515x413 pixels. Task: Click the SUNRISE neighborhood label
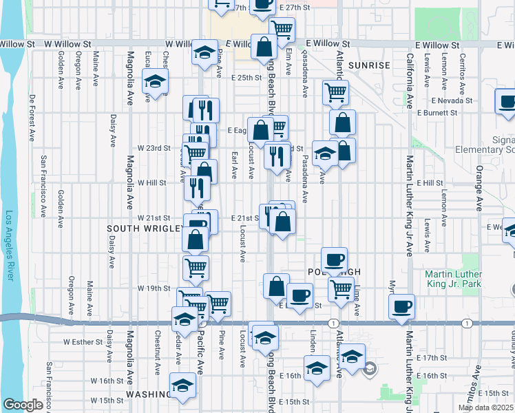click(369, 65)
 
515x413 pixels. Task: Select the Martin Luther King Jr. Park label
click(472, 280)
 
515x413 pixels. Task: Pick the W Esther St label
click(82, 341)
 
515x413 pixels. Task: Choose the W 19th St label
click(154, 288)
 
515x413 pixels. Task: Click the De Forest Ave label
click(32, 118)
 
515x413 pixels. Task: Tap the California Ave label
click(410, 81)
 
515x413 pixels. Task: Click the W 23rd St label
click(154, 148)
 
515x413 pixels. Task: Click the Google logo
click(23, 405)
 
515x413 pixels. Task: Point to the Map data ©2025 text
click(485, 407)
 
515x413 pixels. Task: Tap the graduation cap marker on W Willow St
click(204, 52)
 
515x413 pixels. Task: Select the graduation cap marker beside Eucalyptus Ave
click(156, 81)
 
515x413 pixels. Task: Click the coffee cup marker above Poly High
click(335, 260)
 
